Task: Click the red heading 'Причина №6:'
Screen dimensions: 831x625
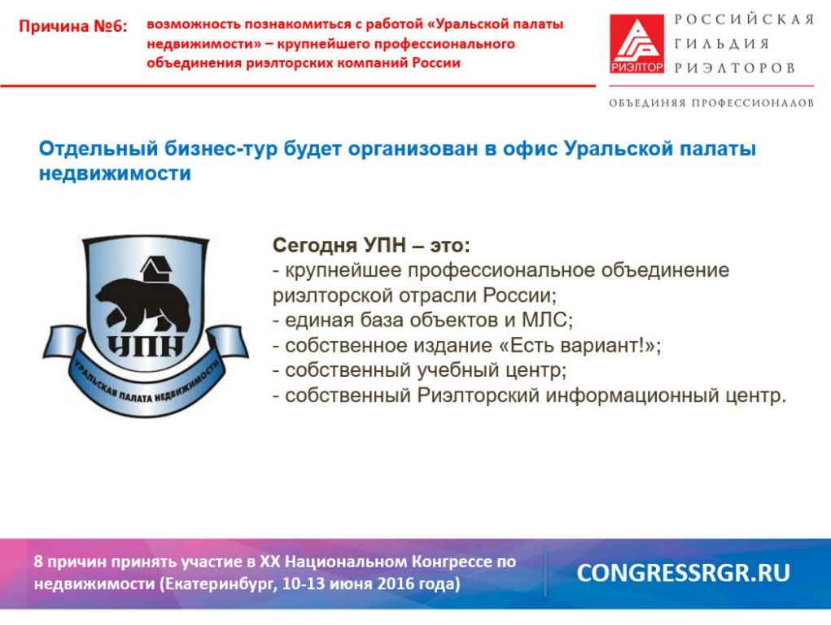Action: pos(73,26)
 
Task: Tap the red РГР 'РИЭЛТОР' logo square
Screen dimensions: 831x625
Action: pos(636,43)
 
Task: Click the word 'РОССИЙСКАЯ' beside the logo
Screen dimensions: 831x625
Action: pos(744,20)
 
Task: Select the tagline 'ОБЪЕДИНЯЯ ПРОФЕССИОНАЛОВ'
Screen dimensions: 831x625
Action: pos(711,103)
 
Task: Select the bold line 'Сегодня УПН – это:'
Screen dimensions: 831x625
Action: pos(371,246)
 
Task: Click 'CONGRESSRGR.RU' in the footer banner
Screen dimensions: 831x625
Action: pos(683,573)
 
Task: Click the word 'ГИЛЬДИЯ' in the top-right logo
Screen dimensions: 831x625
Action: pos(722,44)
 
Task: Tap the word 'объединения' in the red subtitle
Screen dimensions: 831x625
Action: pos(195,63)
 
